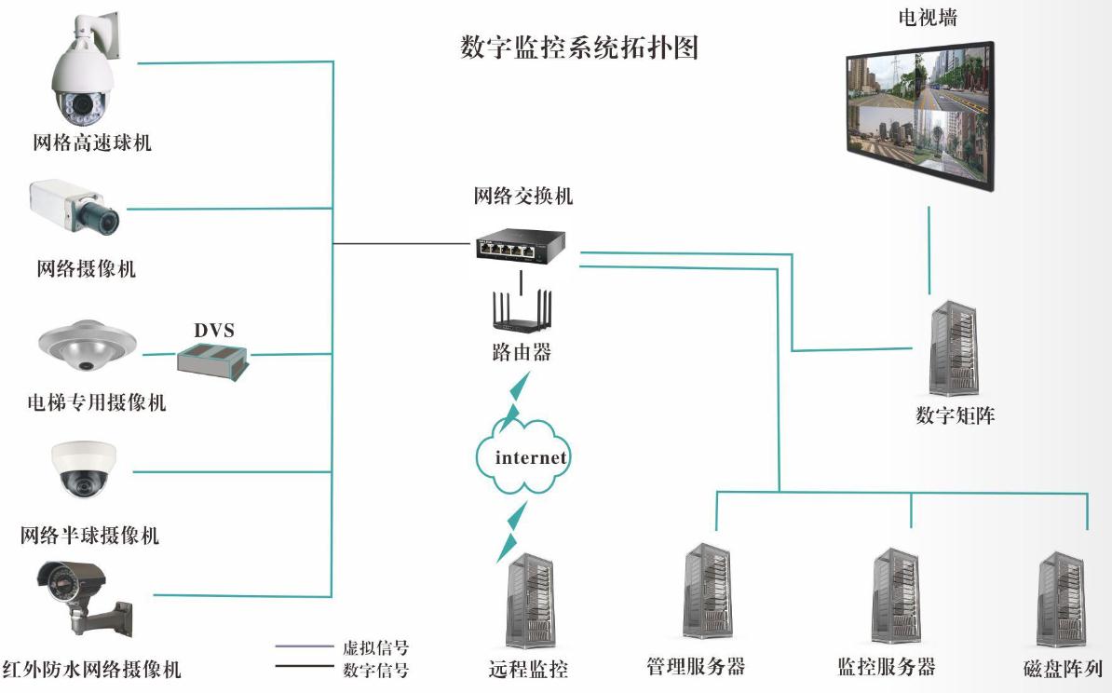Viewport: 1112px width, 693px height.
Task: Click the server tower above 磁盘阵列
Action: pyautogui.click(x=1061, y=599)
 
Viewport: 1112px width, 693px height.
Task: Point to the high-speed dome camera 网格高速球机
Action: pyautogui.click(x=84, y=75)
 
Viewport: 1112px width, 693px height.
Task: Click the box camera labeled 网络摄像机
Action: pyautogui.click(x=75, y=206)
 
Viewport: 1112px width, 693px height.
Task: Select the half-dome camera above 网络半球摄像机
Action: pyautogui.click(x=86, y=469)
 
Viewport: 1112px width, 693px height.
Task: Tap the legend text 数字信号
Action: pyautogui.click(x=375, y=669)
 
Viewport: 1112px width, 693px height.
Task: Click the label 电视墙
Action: pyautogui.click(x=927, y=18)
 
